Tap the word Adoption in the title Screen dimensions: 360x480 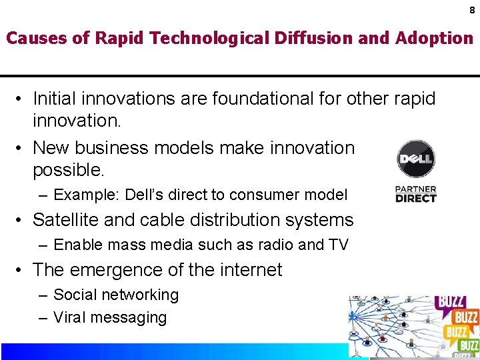[x=435, y=38]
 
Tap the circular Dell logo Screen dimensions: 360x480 [x=415, y=159]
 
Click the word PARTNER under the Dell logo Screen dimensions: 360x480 [x=415, y=189]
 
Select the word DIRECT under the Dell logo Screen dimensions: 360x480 [x=415, y=198]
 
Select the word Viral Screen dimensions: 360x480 [x=70, y=317]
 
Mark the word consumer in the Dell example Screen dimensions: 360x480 [x=264, y=195]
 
